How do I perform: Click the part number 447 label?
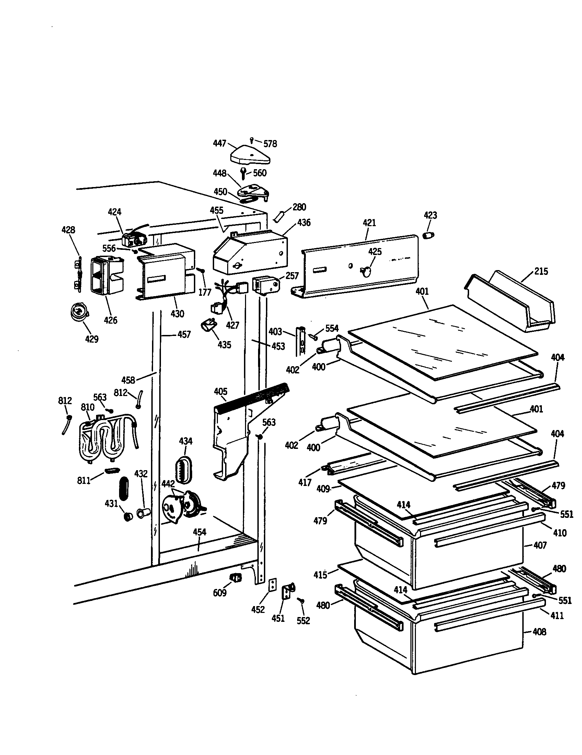pos(220,143)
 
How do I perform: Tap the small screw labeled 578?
pos(252,140)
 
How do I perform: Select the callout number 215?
pos(541,271)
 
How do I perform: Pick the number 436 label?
pos(304,223)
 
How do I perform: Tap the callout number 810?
pos(88,407)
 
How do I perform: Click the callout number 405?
pos(221,392)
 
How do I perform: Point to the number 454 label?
pos(199,532)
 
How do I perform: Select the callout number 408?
pos(539,632)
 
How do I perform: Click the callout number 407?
pos(540,545)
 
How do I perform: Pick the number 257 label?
pos(292,276)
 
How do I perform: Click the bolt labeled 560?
pos(244,173)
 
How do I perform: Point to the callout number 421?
pos(369,223)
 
